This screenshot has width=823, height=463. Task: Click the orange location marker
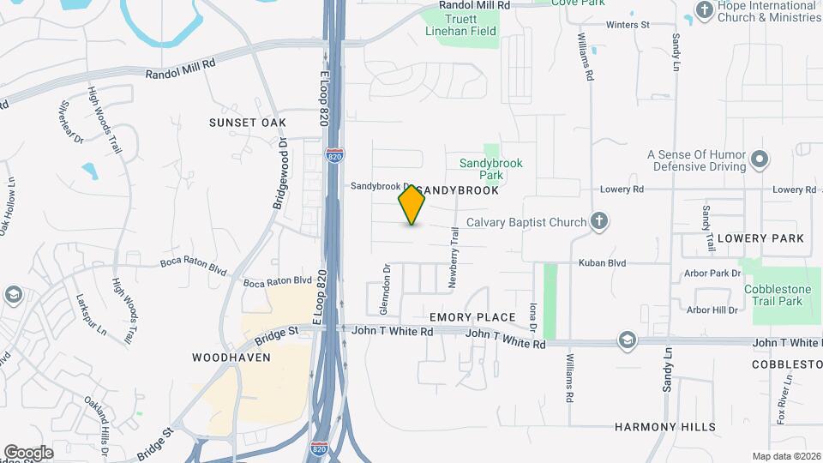[x=411, y=204]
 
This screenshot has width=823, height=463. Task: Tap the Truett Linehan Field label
[x=460, y=28]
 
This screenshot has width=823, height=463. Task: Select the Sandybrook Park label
[x=490, y=169]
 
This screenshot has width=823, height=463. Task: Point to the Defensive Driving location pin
[x=759, y=159]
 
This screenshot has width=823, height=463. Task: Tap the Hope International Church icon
[x=704, y=11]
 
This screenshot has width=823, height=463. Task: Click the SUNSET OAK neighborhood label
[x=247, y=123]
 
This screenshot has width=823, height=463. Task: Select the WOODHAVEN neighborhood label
[x=231, y=358]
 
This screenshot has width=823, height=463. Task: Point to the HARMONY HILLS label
[x=665, y=427]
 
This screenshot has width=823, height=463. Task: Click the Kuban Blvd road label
[x=602, y=263]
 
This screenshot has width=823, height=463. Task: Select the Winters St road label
[x=628, y=25]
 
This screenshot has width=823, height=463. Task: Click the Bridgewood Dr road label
[x=280, y=175]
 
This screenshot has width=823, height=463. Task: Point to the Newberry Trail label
[x=455, y=262]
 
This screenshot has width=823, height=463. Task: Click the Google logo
[x=28, y=453]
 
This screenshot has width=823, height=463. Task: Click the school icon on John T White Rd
[x=628, y=340]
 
